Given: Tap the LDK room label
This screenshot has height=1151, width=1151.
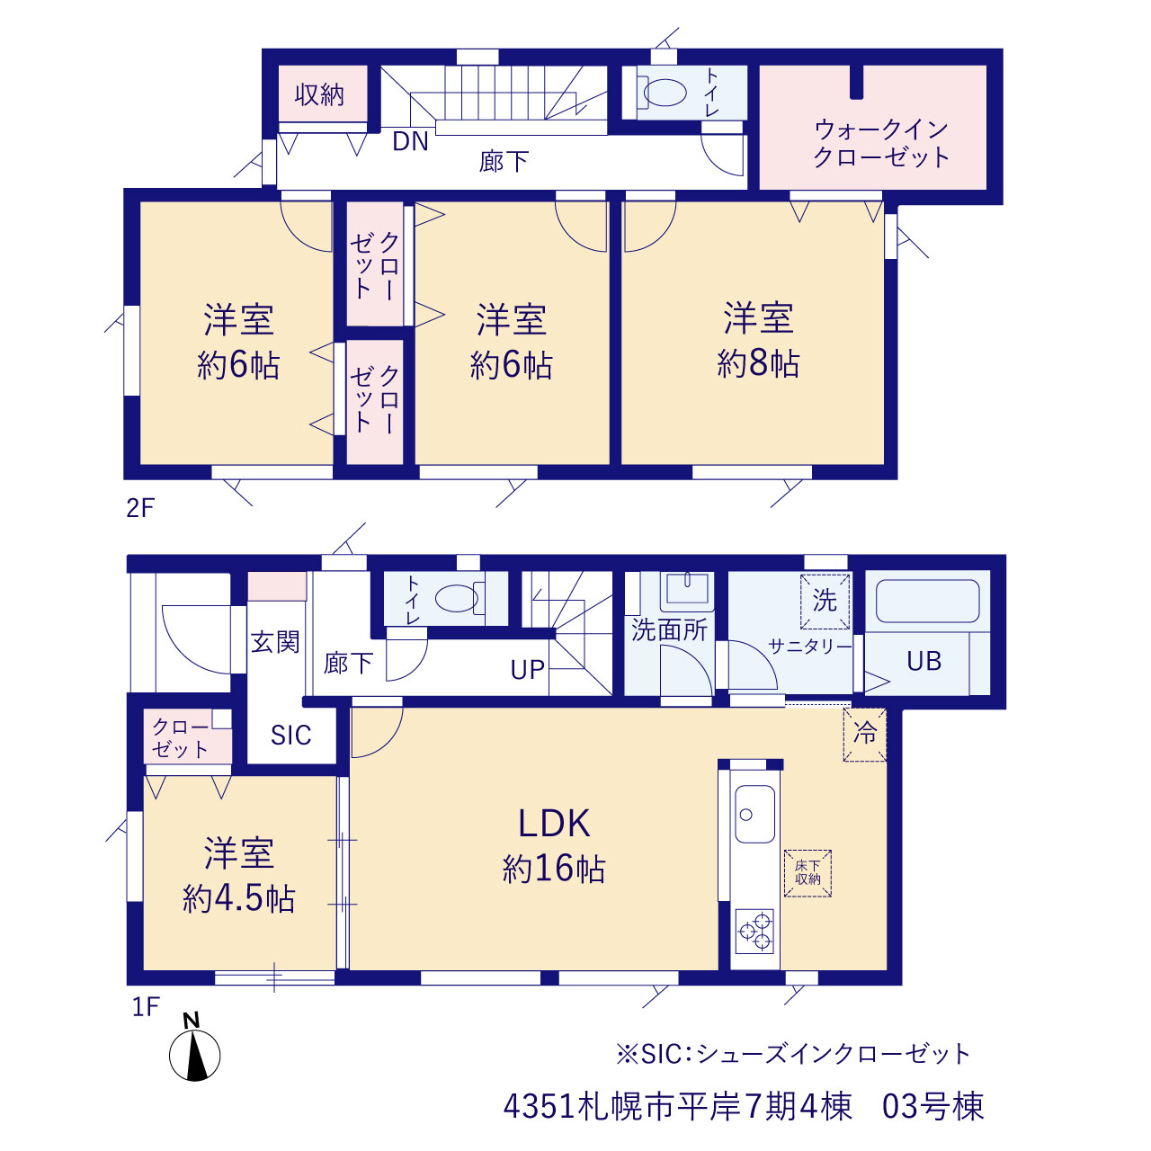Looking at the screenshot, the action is (554, 823).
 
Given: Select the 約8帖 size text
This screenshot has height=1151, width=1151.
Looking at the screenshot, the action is (758, 362).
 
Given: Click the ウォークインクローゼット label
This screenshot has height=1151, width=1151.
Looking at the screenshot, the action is (880, 143).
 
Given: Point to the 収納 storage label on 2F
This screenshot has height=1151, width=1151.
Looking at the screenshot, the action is (319, 94).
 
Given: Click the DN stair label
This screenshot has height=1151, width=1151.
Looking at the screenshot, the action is (410, 141).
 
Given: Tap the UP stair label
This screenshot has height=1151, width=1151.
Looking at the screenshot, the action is (528, 670).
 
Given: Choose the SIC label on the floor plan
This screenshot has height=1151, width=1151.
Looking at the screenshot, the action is (290, 736).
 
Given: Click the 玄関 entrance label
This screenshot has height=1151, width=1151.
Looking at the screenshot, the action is (275, 642).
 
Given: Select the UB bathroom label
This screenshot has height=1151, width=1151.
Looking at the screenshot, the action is (924, 661).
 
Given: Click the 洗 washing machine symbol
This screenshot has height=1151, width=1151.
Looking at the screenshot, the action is (825, 602).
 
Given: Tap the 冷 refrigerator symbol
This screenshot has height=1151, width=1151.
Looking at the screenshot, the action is (864, 734).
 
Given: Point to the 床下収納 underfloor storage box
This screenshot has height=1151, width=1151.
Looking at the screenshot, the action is (807, 873).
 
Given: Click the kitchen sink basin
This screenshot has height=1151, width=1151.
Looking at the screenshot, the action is (755, 814).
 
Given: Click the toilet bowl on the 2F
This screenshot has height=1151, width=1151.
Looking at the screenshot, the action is (665, 93).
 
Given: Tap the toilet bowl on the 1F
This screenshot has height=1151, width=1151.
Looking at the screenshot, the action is (457, 598).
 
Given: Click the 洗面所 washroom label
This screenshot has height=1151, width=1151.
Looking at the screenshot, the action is (670, 630).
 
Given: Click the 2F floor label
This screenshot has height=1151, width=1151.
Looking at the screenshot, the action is (140, 508).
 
